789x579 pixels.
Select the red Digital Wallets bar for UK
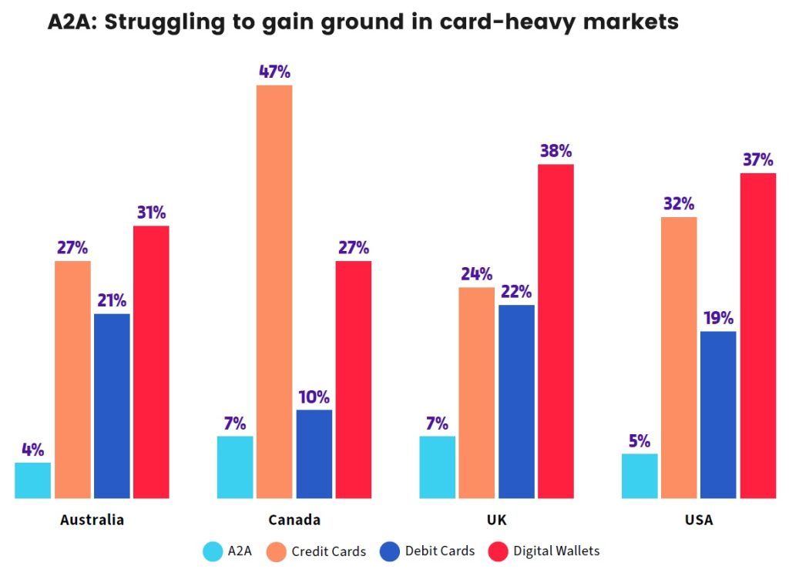pos(556,331)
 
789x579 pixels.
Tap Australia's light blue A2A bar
pos(33,480)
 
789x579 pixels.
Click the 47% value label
pos(274,72)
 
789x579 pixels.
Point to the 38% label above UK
pos(556,151)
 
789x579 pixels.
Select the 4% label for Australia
pos(33,450)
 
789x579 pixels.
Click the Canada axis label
pos(294,520)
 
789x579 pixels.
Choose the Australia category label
pos(92,520)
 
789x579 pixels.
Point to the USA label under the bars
pos(698,520)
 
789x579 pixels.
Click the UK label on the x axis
pos(497,520)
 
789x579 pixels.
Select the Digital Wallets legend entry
pos(556,551)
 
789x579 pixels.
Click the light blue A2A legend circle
pos(213,551)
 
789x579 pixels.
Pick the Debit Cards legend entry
pos(440,551)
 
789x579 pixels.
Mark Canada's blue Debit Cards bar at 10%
pos(314,453)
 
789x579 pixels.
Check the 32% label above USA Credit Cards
pos(679,204)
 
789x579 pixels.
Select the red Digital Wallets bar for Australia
pos(151,362)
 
